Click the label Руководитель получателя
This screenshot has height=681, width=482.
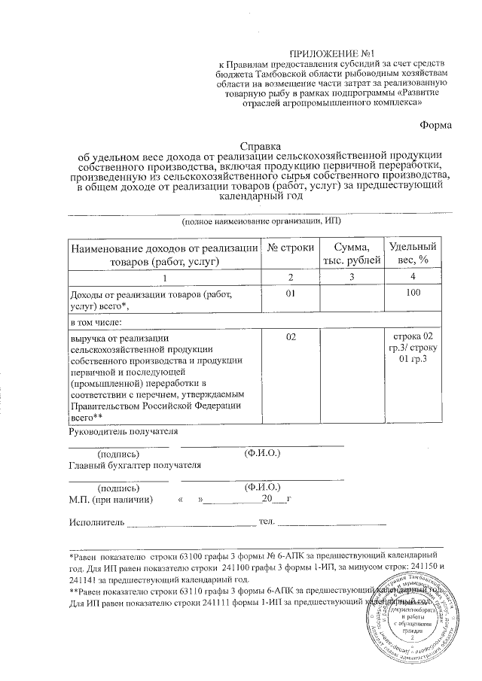click(123, 432)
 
